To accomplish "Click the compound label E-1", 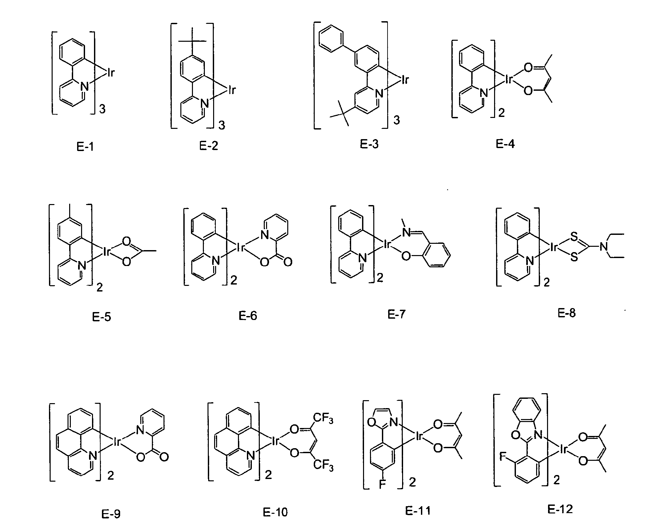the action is point(85,146).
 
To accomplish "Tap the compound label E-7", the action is point(396,314).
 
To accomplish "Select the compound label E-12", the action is point(560,509).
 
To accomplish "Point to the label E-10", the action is point(275,512).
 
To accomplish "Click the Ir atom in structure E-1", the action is point(111,73).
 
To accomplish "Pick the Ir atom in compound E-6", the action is point(240,247).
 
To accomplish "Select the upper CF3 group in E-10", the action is point(323,420).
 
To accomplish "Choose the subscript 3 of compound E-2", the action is point(222,126).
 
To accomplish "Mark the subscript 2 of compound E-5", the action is point(99,287).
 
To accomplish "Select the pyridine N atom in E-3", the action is point(379,94).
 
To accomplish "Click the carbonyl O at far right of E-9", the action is point(164,457).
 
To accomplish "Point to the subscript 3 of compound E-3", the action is point(396,120).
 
